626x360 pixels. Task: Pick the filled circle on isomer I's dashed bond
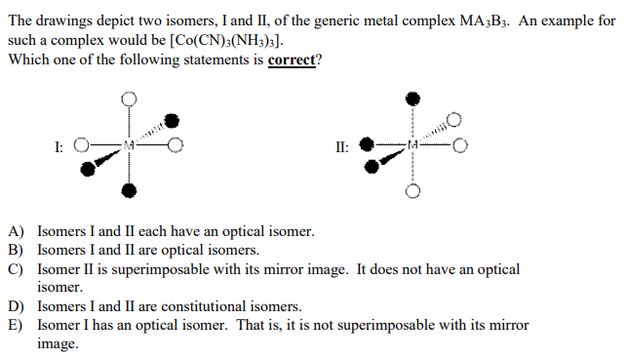[x=173, y=121]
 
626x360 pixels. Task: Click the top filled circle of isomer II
[x=412, y=99]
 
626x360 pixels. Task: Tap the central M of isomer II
[x=412, y=146]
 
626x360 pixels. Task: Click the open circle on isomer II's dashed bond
[x=453, y=120]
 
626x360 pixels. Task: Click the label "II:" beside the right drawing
[x=340, y=147]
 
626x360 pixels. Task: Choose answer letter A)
[x=16, y=232]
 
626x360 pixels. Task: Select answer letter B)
[x=16, y=250]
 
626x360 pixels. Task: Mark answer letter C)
[x=16, y=268]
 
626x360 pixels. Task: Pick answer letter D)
[x=16, y=306]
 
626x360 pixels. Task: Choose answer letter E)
[x=16, y=324]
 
